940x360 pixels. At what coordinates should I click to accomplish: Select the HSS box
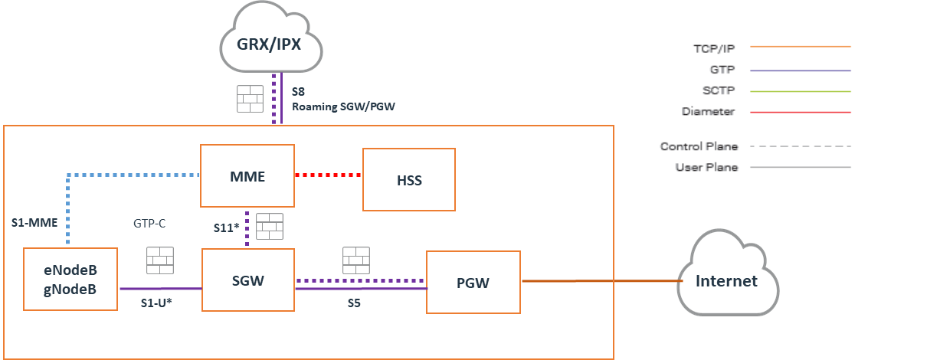click(408, 180)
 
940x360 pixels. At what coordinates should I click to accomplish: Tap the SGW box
click(247, 280)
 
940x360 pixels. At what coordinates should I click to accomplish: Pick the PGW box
click(473, 282)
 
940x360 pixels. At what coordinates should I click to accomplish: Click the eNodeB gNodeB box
click(71, 279)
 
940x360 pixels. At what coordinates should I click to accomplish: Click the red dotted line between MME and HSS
click(328, 175)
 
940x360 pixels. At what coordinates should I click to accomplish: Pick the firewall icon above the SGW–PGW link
click(357, 260)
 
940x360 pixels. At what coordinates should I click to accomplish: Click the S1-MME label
click(34, 223)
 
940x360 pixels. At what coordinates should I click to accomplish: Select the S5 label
click(352, 303)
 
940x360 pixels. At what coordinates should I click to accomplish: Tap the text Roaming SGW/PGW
click(343, 106)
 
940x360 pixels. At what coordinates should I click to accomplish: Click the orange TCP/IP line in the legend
click(800, 47)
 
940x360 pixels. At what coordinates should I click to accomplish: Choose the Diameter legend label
click(708, 112)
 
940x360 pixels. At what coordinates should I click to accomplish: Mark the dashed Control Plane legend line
click(800, 146)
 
